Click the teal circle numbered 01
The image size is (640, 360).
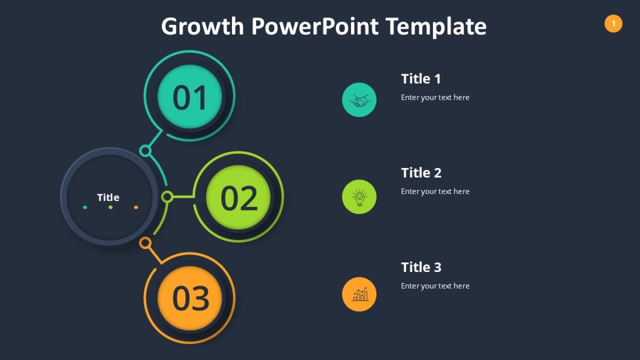click(190, 97)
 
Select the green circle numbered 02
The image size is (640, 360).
click(238, 197)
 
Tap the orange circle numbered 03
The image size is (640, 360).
click(190, 298)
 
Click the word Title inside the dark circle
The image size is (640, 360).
click(108, 197)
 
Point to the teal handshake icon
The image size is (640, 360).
click(359, 100)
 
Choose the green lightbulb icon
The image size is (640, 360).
click(359, 197)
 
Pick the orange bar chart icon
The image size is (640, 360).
click(359, 294)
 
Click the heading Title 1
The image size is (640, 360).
click(421, 79)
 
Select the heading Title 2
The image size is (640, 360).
click(421, 173)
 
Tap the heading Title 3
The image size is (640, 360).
click(421, 267)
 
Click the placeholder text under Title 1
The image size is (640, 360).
click(435, 98)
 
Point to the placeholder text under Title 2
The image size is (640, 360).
click(435, 191)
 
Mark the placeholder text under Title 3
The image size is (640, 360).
click(435, 286)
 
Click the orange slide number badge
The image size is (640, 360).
click(613, 23)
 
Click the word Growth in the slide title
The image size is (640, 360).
click(202, 27)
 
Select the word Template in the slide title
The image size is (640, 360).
click(436, 27)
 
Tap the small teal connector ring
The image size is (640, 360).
click(145, 150)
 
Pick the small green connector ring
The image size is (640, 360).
click(167, 197)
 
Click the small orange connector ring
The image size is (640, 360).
click(145, 243)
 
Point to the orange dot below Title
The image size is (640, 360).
click(136, 207)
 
